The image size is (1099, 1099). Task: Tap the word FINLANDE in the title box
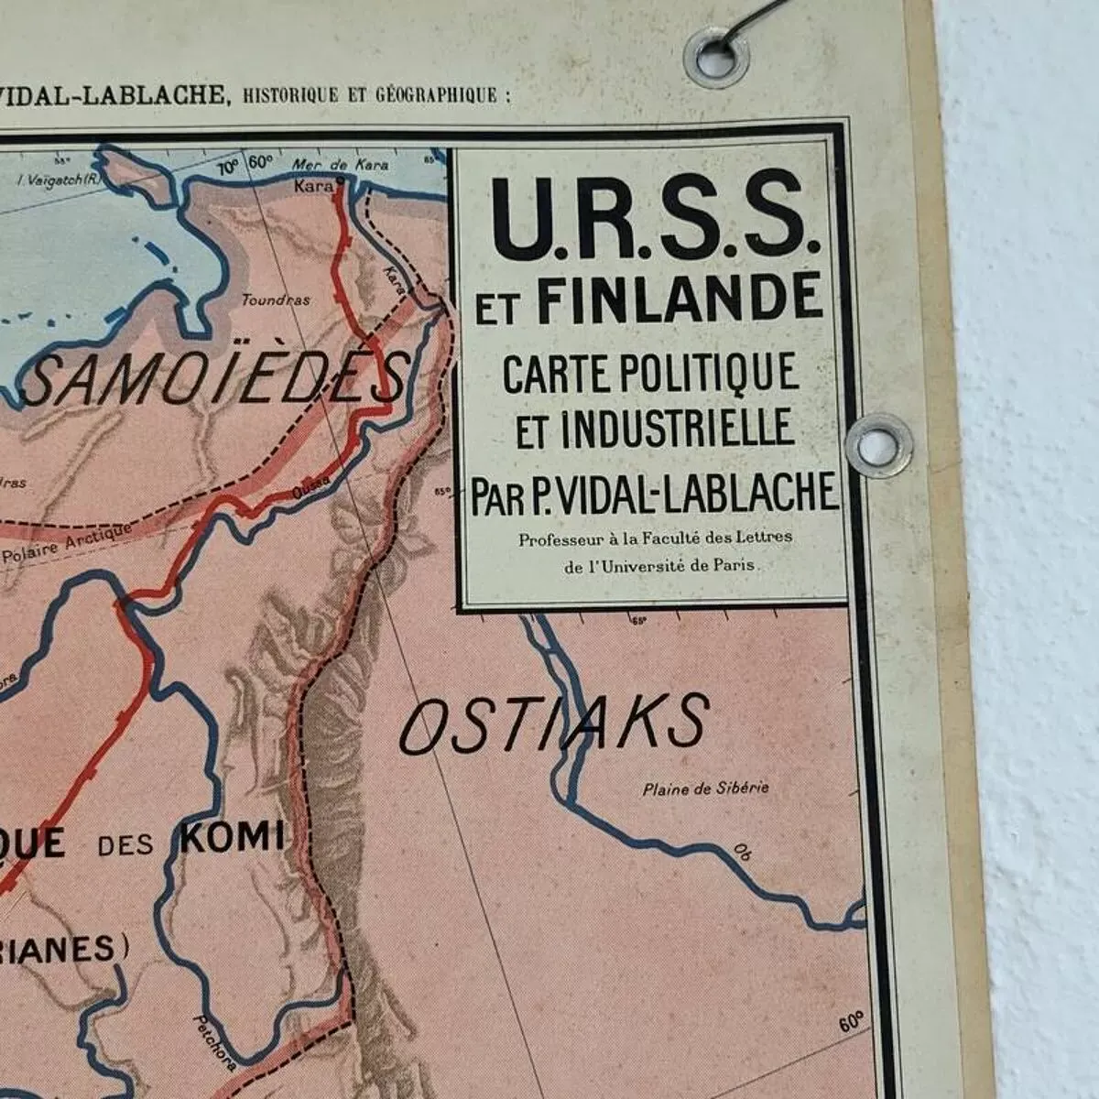(x=680, y=299)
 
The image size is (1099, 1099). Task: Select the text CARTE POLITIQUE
(x=650, y=373)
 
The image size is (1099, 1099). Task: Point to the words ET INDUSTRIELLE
(x=653, y=429)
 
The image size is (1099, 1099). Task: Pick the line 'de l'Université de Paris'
(x=660, y=565)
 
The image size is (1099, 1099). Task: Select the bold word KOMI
(x=232, y=836)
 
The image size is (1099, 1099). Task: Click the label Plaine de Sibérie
(x=705, y=788)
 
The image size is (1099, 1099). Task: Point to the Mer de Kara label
(x=341, y=165)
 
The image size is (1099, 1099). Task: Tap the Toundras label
(x=276, y=299)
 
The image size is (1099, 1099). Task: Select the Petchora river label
(x=216, y=1043)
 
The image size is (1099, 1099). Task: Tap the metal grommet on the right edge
(x=878, y=445)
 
